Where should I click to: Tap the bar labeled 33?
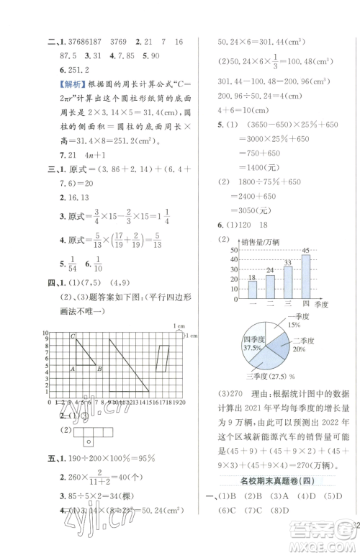[x=288, y=284]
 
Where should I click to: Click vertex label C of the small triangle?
[x=73, y=336]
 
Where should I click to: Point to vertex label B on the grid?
[x=99, y=369]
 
